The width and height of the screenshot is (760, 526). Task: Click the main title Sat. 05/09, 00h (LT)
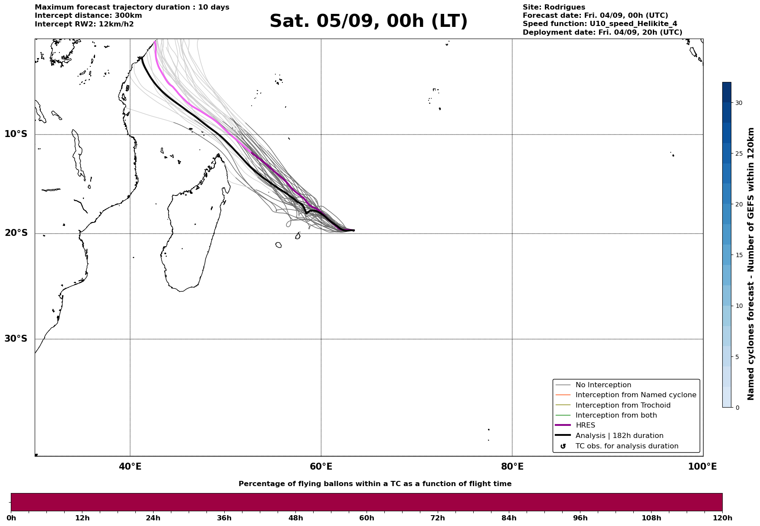coord(368,21)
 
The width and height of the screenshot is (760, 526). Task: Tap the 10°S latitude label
coord(16,134)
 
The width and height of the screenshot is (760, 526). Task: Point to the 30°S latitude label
coord(16,339)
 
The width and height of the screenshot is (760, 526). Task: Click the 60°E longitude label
coord(321,467)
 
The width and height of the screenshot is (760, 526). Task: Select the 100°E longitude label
coord(702,467)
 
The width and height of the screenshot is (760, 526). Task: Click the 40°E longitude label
coord(130,467)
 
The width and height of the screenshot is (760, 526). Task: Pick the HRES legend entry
coord(575,425)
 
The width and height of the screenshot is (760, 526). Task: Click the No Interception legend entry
coord(593,385)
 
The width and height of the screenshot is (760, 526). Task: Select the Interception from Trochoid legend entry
coord(613,405)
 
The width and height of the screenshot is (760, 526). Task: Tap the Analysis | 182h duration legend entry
coord(609,436)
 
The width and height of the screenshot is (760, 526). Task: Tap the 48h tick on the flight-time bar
coord(295,518)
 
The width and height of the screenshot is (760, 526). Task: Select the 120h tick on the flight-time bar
coord(722,518)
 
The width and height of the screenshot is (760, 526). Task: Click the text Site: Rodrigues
coord(554,7)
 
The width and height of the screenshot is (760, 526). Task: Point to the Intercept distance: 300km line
coord(88,16)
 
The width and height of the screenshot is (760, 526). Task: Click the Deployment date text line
coord(603,33)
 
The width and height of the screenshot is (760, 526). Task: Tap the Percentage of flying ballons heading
coord(375,484)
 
